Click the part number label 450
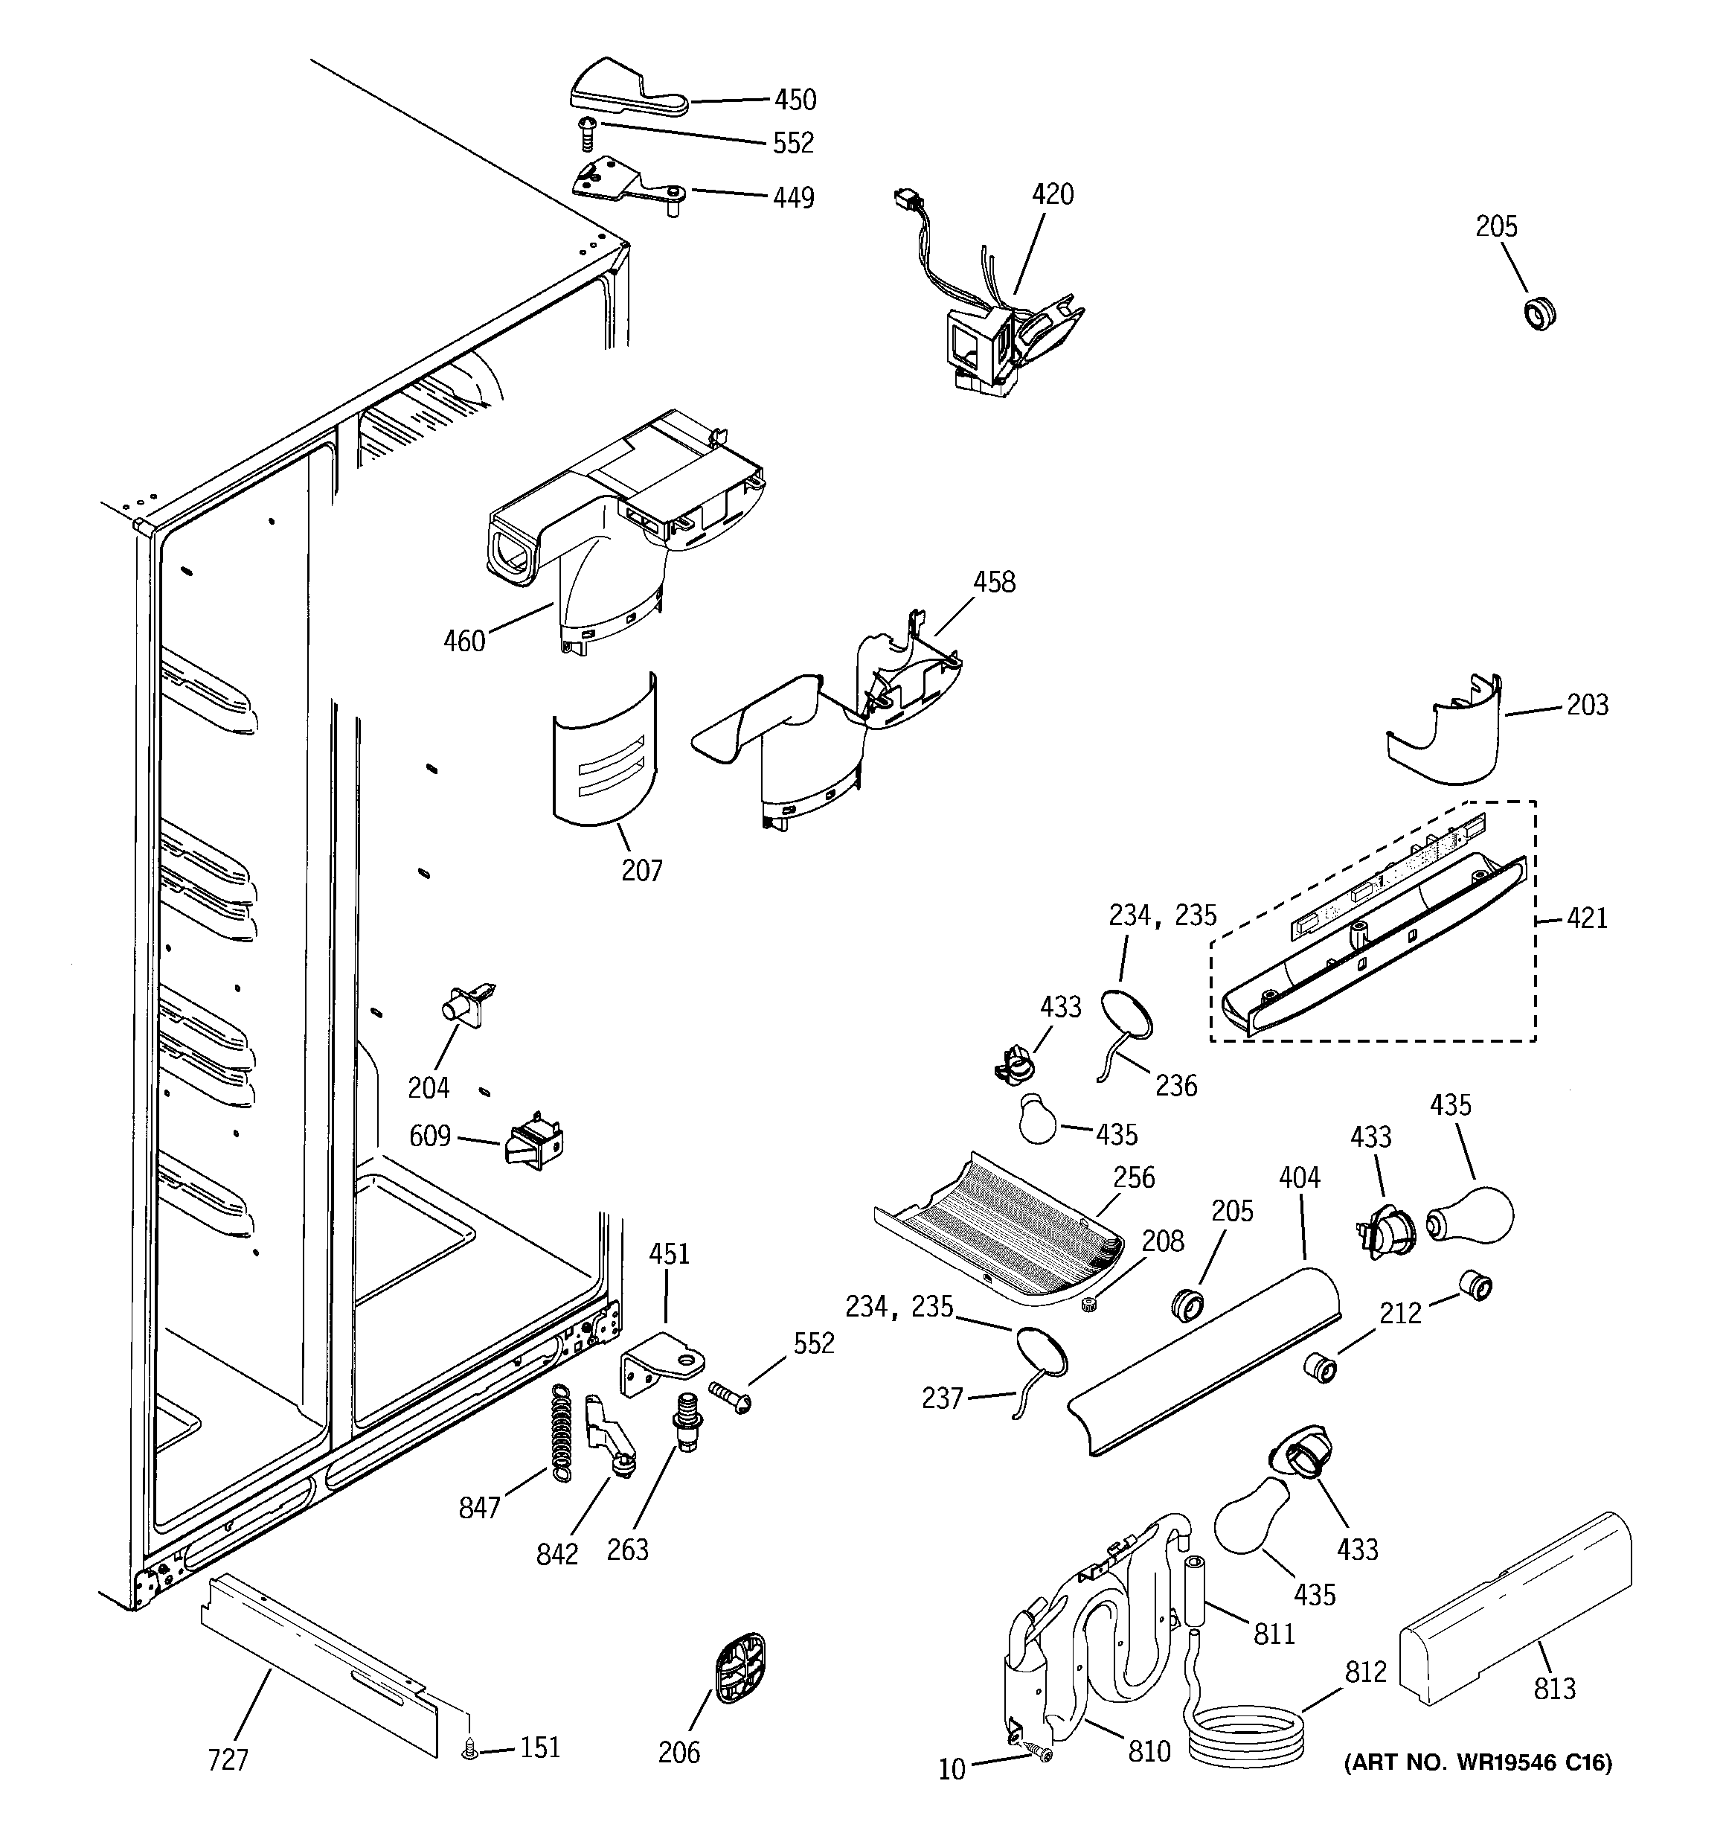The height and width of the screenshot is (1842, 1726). pyautogui.click(x=795, y=99)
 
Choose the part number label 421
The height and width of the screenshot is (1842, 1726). pyautogui.click(x=1587, y=918)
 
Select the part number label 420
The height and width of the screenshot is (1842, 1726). pyautogui.click(x=1053, y=194)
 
